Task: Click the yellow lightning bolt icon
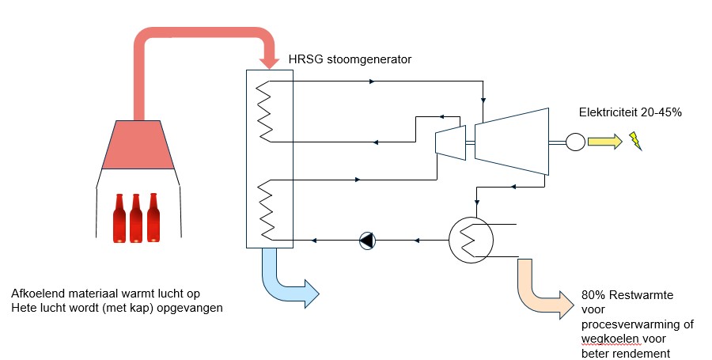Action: pos(635,141)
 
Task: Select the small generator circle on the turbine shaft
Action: pos(575,142)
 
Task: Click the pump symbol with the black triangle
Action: pos(367,241)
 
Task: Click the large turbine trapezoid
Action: pos(512,141)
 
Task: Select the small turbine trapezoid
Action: pos(450,142)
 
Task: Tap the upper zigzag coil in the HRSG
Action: pos(265,112)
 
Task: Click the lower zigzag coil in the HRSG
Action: pos(266,210)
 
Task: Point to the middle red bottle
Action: pos(136,218)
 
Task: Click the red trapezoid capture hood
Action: pos(138,145)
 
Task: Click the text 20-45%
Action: pos(661,112)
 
